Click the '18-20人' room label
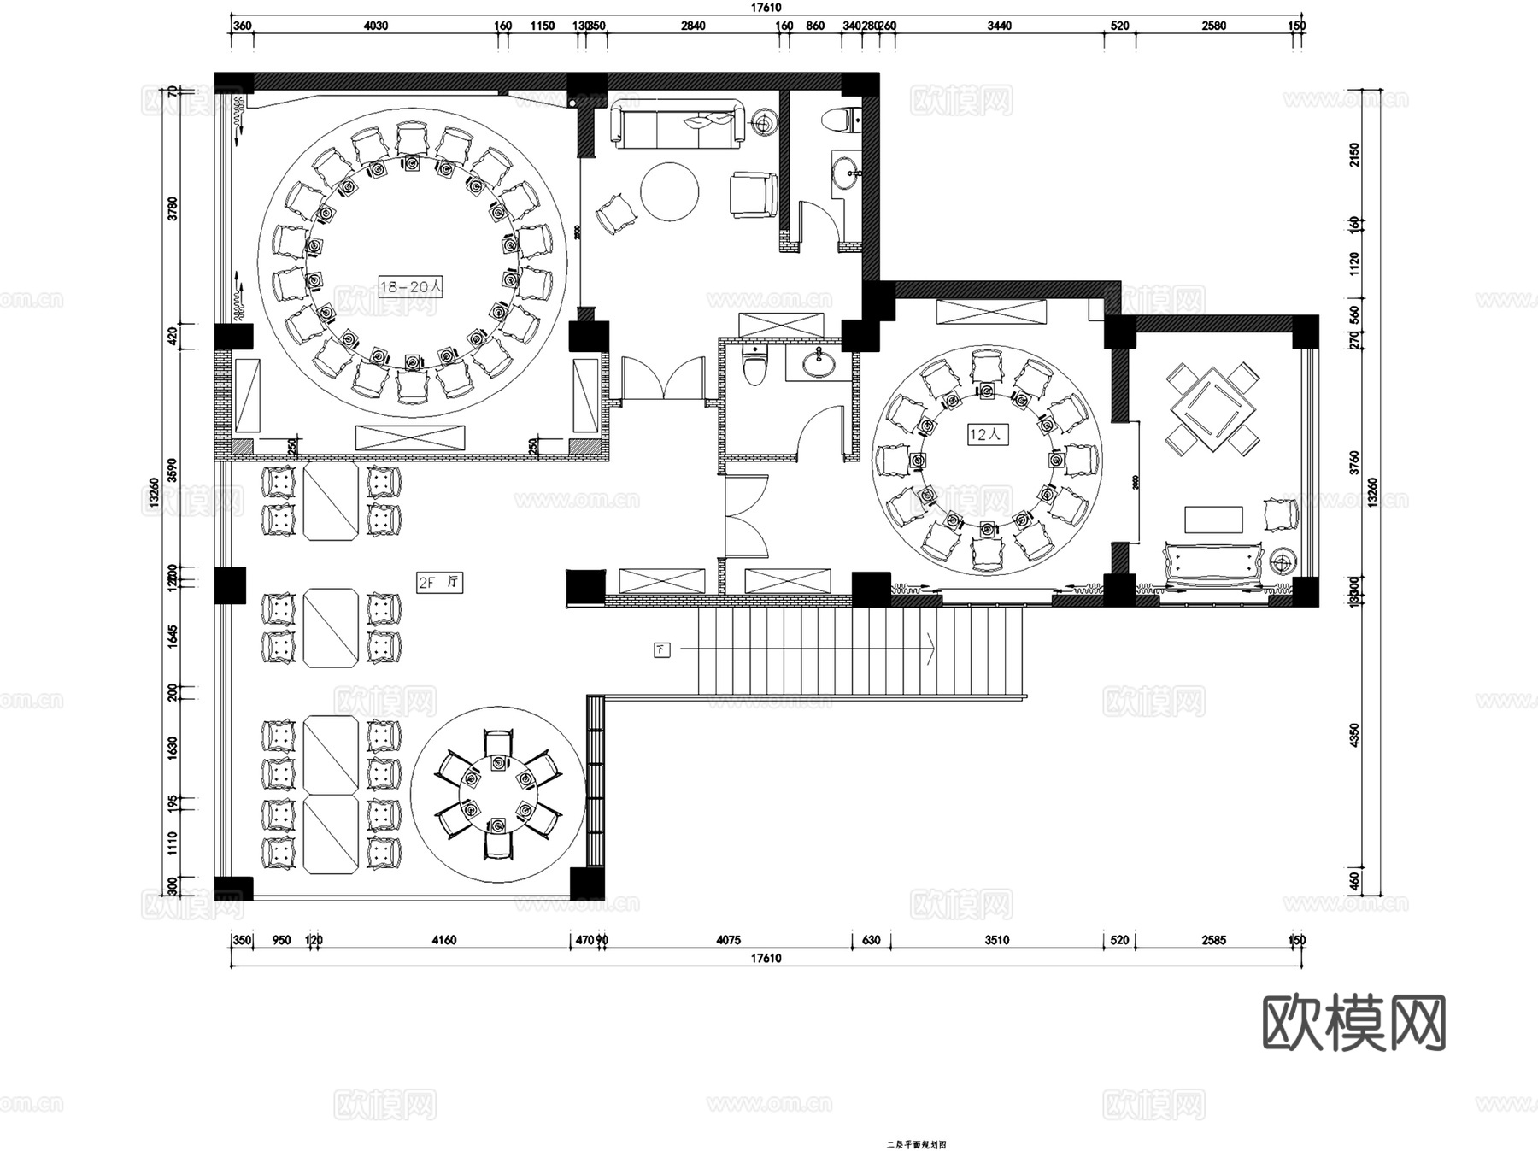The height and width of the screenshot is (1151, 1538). [x=411, y=287]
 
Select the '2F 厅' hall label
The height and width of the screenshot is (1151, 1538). [x=439, y=584]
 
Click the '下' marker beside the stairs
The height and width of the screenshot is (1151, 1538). [x=662, y=650]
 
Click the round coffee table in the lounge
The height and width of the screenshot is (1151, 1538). [x=670, y=191]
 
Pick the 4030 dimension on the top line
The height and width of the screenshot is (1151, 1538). [x=376, y=26]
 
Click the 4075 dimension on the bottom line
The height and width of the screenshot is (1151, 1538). [x=727, y=940]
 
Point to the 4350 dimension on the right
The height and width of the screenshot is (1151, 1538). [x=1353, y=737]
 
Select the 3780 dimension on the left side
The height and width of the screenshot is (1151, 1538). [x=173, y=208]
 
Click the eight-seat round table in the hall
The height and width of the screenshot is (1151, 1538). [x=498, y=795]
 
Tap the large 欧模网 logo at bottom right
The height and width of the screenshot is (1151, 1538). [x=1353, y=1023]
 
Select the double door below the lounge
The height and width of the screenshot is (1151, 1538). [x=663, y=379]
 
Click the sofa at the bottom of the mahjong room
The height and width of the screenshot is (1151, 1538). [x=1212, y=567]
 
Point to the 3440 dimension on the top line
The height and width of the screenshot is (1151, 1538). [x=999, y=26]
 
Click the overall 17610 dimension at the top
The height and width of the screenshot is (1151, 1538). [x=766, y=7]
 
